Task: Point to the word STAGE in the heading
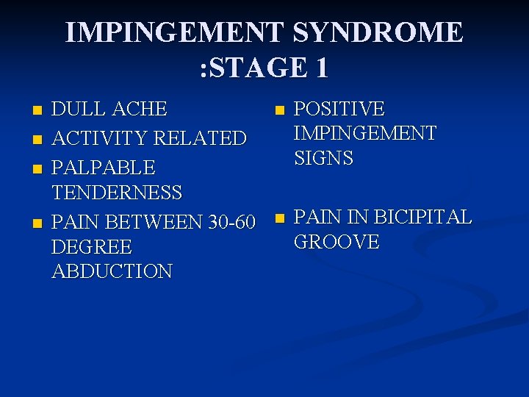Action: (x=254, y=68)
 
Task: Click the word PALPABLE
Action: (x=103, y=167)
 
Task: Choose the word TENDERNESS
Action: (x=117, y=193)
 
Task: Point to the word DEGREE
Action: (x=92, y=246)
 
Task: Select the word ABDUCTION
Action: (x=112, y=271)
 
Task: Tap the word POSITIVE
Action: (x=339, y=110)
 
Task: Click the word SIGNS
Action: (x=323, y=158)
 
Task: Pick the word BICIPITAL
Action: (x=422, y=218)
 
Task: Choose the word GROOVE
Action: (x=336, y=243)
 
